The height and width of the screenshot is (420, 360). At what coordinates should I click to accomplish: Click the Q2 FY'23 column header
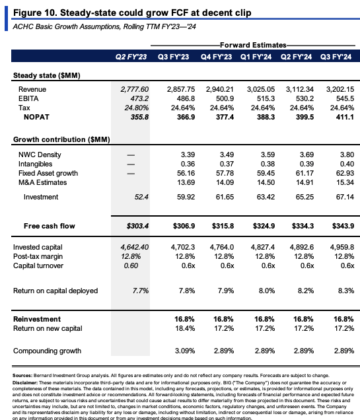(x=131, y=57)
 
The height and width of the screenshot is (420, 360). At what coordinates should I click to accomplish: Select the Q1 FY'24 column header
(x=256, y=57)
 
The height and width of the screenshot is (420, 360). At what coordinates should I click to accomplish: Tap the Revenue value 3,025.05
(x=261, y=89)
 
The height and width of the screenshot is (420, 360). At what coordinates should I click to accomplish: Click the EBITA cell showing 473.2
(x=139, y=98)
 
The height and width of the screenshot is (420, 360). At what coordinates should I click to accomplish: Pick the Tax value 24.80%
(x=136, y=108)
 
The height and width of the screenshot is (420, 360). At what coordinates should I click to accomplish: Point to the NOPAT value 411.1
(x=345, y=117)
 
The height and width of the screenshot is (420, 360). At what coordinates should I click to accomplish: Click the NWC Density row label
(x=40, y=155)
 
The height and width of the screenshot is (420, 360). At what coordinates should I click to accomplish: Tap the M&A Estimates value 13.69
(x=186, y=182)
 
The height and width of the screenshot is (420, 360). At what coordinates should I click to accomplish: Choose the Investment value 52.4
(x=141, y=197)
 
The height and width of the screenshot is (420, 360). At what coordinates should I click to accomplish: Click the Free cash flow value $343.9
(x=343, y=226)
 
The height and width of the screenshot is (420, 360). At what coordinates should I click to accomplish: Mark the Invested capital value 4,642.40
(x=135, y=247)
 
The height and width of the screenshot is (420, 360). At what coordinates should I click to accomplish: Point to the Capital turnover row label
(x=38, y=265)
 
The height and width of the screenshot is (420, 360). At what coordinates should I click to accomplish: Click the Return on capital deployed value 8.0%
(x=267, y=291)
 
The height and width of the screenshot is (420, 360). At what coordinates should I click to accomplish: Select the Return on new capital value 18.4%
(x=185, y=328)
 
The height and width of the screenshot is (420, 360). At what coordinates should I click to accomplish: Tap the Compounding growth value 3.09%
(x=185, y=351)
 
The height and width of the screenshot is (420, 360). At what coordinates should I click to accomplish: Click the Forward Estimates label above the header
(x=253, y=45)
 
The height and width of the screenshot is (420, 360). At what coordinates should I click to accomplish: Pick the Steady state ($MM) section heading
(x=47, y=75)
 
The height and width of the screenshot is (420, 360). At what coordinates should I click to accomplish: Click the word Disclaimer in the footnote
(x=25, y=383)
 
